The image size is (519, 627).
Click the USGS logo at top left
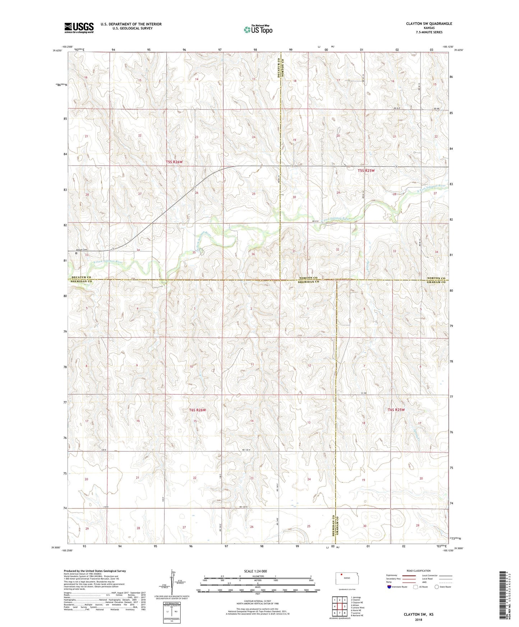pos(79,28)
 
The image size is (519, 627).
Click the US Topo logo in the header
pos(258,29)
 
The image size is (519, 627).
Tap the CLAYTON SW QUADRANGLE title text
pos(429,24)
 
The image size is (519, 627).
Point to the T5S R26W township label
pos(174,162)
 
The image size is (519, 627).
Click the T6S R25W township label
pos(396,410)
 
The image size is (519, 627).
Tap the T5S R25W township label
pos(366,171)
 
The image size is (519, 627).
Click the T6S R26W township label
pos(197,410)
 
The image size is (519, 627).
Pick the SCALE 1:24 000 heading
pos(255,571)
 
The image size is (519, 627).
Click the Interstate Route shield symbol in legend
pos(390,587)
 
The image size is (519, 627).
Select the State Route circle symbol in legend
pos(437,587)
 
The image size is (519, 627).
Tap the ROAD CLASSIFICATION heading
pos(418,571)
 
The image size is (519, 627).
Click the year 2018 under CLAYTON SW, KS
pos(418,619)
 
